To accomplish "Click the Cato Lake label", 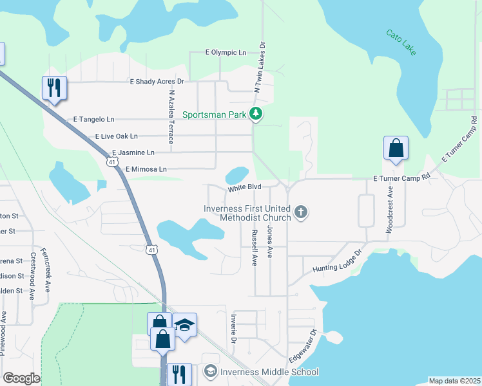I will click(401, 42).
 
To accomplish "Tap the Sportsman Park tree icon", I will click(257, 115).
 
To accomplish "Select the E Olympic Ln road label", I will click(226, 52).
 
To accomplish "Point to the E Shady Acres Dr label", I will click(157, 82).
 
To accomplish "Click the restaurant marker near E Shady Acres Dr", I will click(53, 87).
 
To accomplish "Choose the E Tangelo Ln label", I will click(93, 120).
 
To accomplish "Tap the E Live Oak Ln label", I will click(117, 136).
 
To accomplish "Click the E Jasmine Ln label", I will click(133, 152).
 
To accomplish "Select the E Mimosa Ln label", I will click(146, 169).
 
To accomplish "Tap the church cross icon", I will click(300, 212).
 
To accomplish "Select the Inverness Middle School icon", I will click(210, 371).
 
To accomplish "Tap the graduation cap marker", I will click(184, 325).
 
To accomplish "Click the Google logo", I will click(21, 378).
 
